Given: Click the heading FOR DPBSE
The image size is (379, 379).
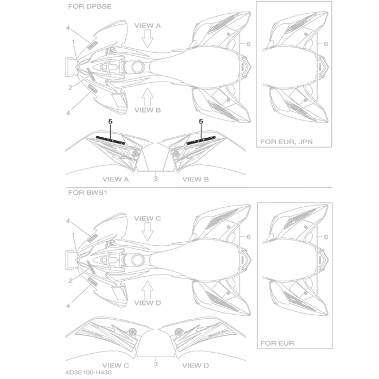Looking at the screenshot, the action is (x=90, y=6).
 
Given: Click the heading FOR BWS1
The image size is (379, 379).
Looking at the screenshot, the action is (x=87, y=192).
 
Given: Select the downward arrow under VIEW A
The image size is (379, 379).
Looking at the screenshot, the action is (x=148, y=39).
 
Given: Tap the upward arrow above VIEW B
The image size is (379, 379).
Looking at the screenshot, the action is (x=148, y=96).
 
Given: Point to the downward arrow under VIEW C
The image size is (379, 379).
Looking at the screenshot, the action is (x=148, y=232).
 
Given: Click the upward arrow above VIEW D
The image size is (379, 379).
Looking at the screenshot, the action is (x=148, y=289).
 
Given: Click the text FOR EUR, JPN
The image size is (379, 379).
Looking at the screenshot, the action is (x=287, y=142).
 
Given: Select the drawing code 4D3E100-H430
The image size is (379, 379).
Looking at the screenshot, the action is (x=88, y=373).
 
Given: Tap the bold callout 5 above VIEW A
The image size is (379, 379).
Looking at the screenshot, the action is (x=110, y=121).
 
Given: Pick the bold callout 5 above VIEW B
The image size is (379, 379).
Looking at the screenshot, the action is (x=201, y=121).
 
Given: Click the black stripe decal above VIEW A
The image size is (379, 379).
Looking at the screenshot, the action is (x=110, y=140).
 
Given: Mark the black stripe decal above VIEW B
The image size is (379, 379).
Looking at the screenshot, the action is (x=201, y=140).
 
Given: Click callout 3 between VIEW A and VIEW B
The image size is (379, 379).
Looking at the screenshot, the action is (x=156, y=179).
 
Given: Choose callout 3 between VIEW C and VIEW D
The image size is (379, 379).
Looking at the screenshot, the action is (x=156, y=364).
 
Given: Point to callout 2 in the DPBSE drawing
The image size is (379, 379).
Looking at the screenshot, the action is (x=70, y=87).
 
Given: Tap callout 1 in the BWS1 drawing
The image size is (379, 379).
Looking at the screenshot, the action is (x=74, y=235).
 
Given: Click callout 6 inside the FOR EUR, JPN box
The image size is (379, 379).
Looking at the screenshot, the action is (x=326, y=44).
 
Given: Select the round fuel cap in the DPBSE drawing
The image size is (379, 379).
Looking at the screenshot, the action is (x=137, y=67).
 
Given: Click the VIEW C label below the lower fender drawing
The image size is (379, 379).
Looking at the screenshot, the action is (x=115, y=365).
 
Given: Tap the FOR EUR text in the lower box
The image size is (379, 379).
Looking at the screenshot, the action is (x=277, y=343).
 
